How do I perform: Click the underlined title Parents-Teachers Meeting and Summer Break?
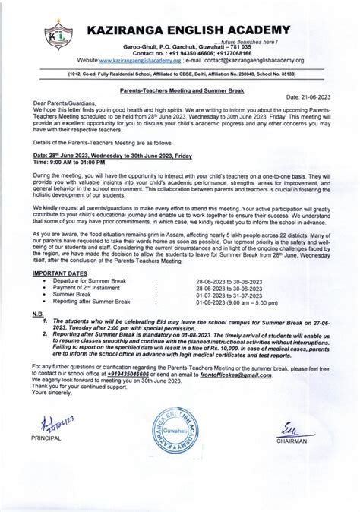pos(180,89)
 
